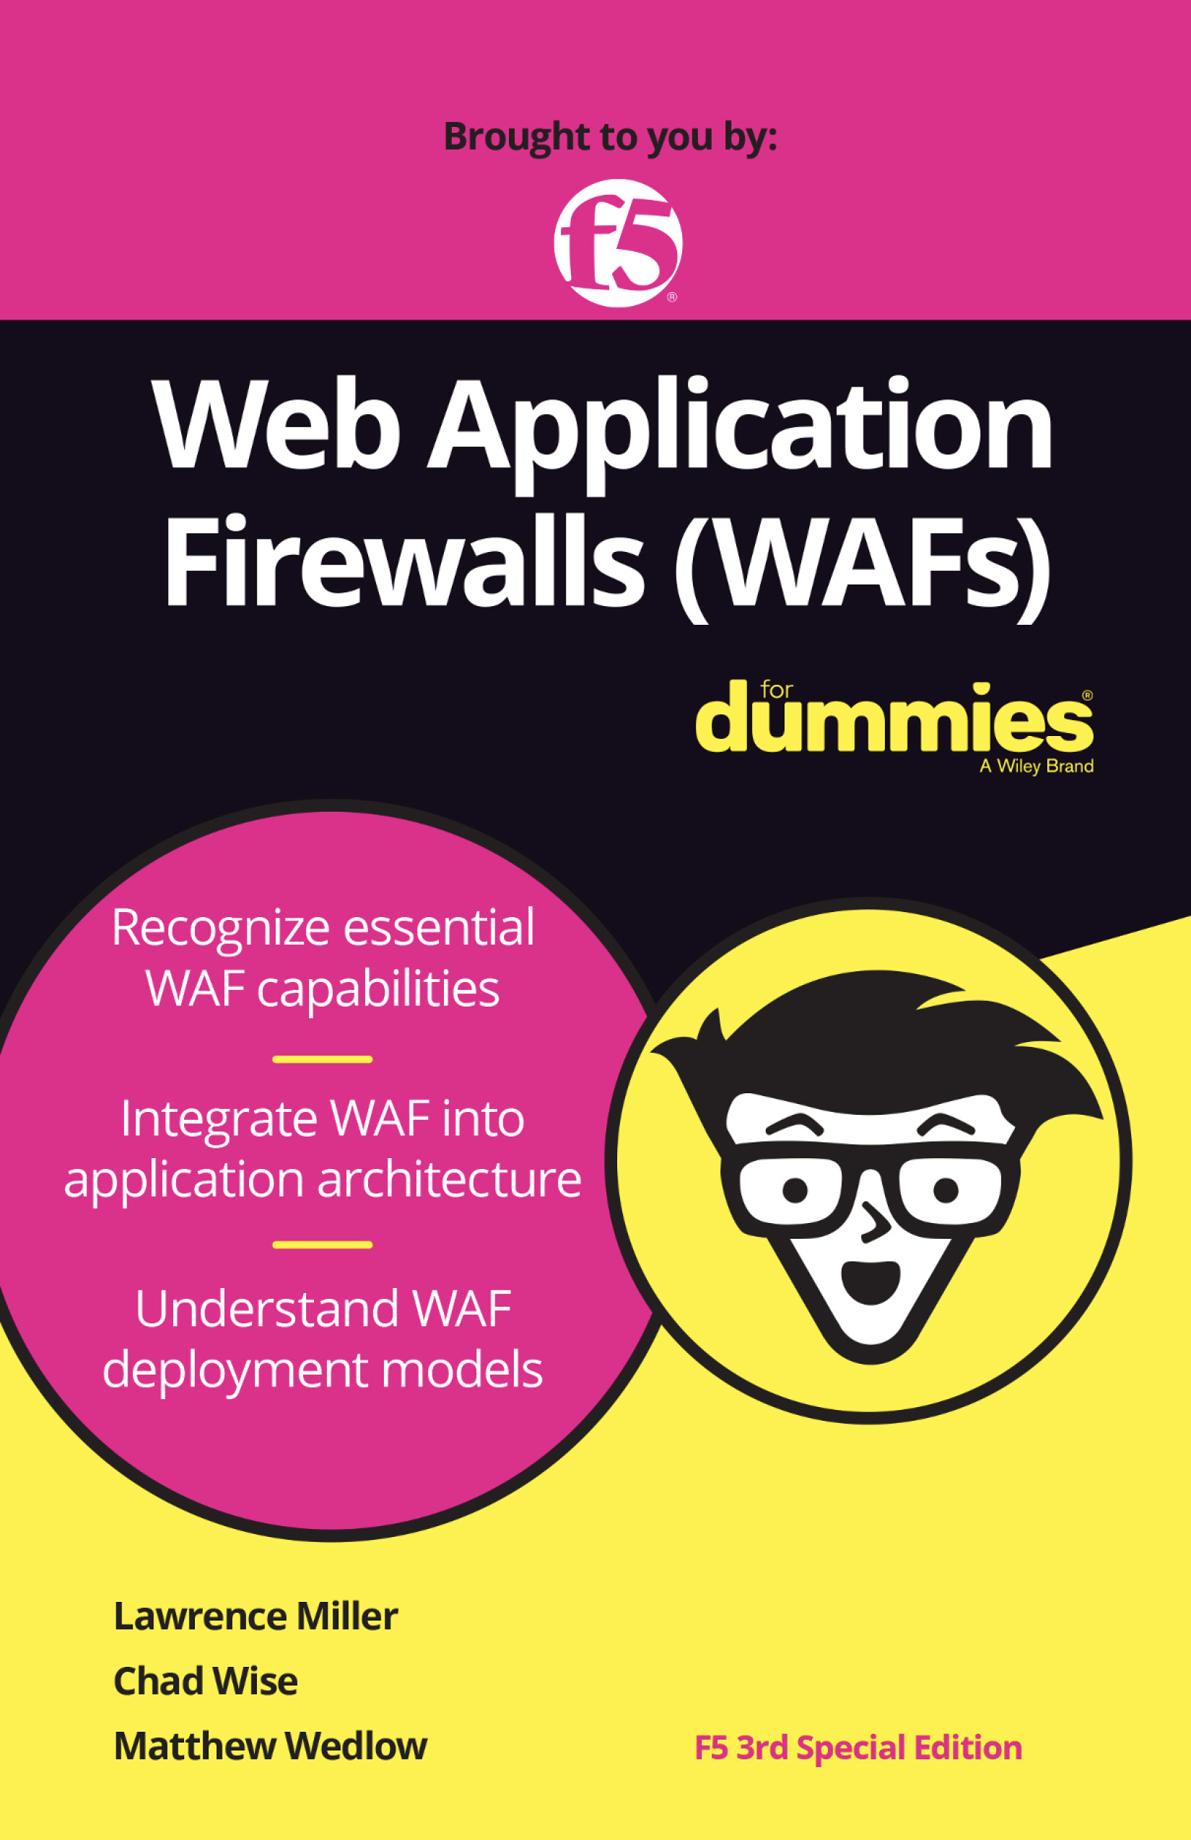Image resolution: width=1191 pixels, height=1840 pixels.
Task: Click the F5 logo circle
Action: [618, 242]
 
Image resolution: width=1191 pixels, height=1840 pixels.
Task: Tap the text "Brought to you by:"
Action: [610, 138]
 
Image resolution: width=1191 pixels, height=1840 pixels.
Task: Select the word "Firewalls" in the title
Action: [403, 561]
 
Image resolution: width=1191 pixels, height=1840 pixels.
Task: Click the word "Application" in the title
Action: [741, 434]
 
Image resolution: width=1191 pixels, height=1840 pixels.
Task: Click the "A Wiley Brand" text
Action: [1037, 766]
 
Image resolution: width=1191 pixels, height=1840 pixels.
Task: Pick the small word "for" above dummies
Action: [777, 689]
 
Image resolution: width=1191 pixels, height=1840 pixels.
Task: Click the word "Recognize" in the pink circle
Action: [221, 929]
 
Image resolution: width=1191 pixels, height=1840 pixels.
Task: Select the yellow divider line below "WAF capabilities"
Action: [323, 1059]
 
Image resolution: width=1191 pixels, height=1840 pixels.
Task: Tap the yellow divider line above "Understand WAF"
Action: [323, 1245]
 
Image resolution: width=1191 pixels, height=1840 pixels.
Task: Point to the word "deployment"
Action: [236, 1372]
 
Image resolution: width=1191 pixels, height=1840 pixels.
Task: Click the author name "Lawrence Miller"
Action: [256, 1616]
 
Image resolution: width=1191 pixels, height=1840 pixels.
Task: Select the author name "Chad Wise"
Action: [206, 1681]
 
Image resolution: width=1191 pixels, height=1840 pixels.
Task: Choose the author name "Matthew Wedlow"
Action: [271, 1746]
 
